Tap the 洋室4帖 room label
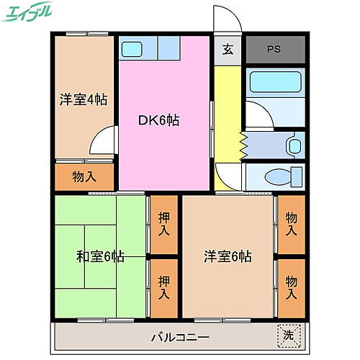click(83, 100)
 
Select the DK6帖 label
click(158, 120)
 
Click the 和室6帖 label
click(100, 256)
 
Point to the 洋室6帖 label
click(227, 256)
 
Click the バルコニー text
click(180, 336)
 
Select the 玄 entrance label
click(228, 50)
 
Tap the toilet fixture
click(277, 176)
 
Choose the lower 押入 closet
click(163, 287)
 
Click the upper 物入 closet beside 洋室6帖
click(291, 224)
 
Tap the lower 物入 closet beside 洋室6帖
click(291, 287)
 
